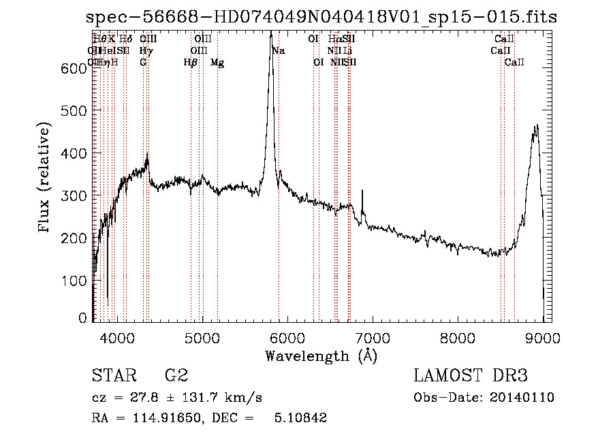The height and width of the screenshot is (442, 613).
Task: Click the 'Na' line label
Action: click(x=279, y=51)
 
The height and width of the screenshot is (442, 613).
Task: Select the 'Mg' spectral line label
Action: click(x=217, y=63)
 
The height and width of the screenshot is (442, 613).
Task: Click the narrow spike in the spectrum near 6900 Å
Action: click(x=362, y=193)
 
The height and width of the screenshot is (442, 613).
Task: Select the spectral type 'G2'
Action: click(x=176, y=376)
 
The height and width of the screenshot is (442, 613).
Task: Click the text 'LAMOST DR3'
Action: click(x=471, y=376)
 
